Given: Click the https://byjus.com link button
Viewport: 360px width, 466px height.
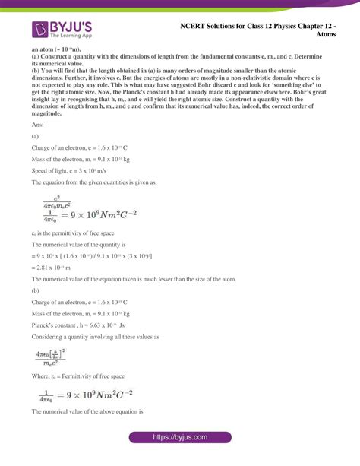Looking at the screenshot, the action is click(180, 447).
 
